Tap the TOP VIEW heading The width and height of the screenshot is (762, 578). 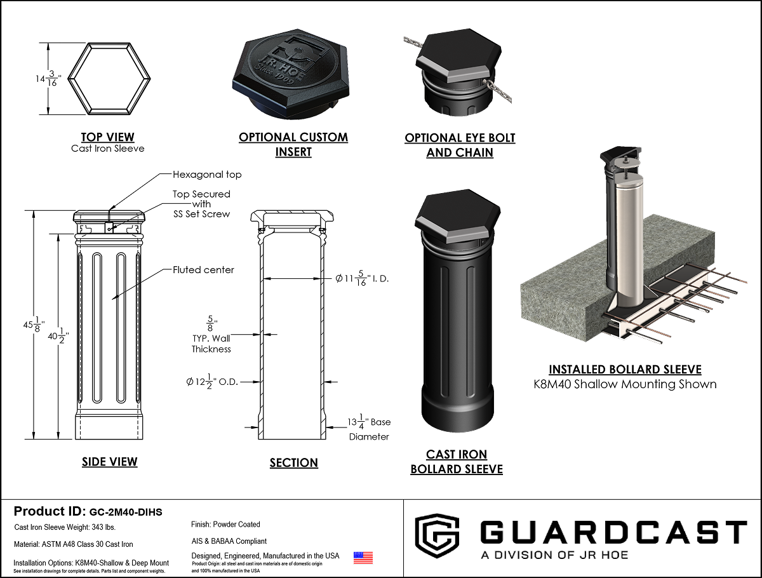tap(107, 137)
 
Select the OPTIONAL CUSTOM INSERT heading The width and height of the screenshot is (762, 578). tap(293, 144)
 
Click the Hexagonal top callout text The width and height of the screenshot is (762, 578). tap(207, 174)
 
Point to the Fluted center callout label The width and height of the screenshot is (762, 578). tap(203, 270)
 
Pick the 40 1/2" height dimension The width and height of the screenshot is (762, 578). tap(58, 336)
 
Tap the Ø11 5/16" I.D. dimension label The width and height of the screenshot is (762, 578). tap(362, 278)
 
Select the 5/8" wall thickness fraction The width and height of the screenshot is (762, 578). tap(210, 323)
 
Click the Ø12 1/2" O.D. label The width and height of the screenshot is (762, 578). tap(212, 382)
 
